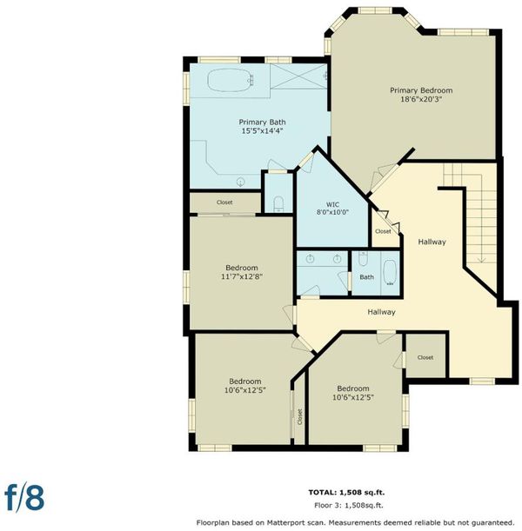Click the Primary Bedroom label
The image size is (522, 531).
coord(421,90)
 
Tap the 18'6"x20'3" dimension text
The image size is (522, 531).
coord(421,100)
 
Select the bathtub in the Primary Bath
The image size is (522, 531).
coord(231,80)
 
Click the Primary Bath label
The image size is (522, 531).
coord(262,122)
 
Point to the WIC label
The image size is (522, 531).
coord(332,204)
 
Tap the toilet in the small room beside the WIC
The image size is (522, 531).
coord(278,203)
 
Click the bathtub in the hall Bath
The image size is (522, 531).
coord(390,273)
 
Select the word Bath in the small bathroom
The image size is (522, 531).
coord(367,277)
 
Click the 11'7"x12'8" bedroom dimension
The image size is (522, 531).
coord(242,276)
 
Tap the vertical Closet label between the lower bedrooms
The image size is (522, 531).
coord(299,416)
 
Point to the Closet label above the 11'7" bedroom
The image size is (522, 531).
coord(224,202)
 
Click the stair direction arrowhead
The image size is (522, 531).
coord(481,260)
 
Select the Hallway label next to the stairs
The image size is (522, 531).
coord(432,242)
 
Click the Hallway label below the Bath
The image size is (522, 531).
coord(381,312)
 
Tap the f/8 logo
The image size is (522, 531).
coord(24,498)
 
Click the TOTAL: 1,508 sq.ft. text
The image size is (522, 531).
coord(346,493)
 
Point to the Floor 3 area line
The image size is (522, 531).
coord(349,505)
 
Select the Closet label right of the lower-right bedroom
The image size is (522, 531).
coord(425,357)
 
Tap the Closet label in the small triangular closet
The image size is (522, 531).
coord(383,231)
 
